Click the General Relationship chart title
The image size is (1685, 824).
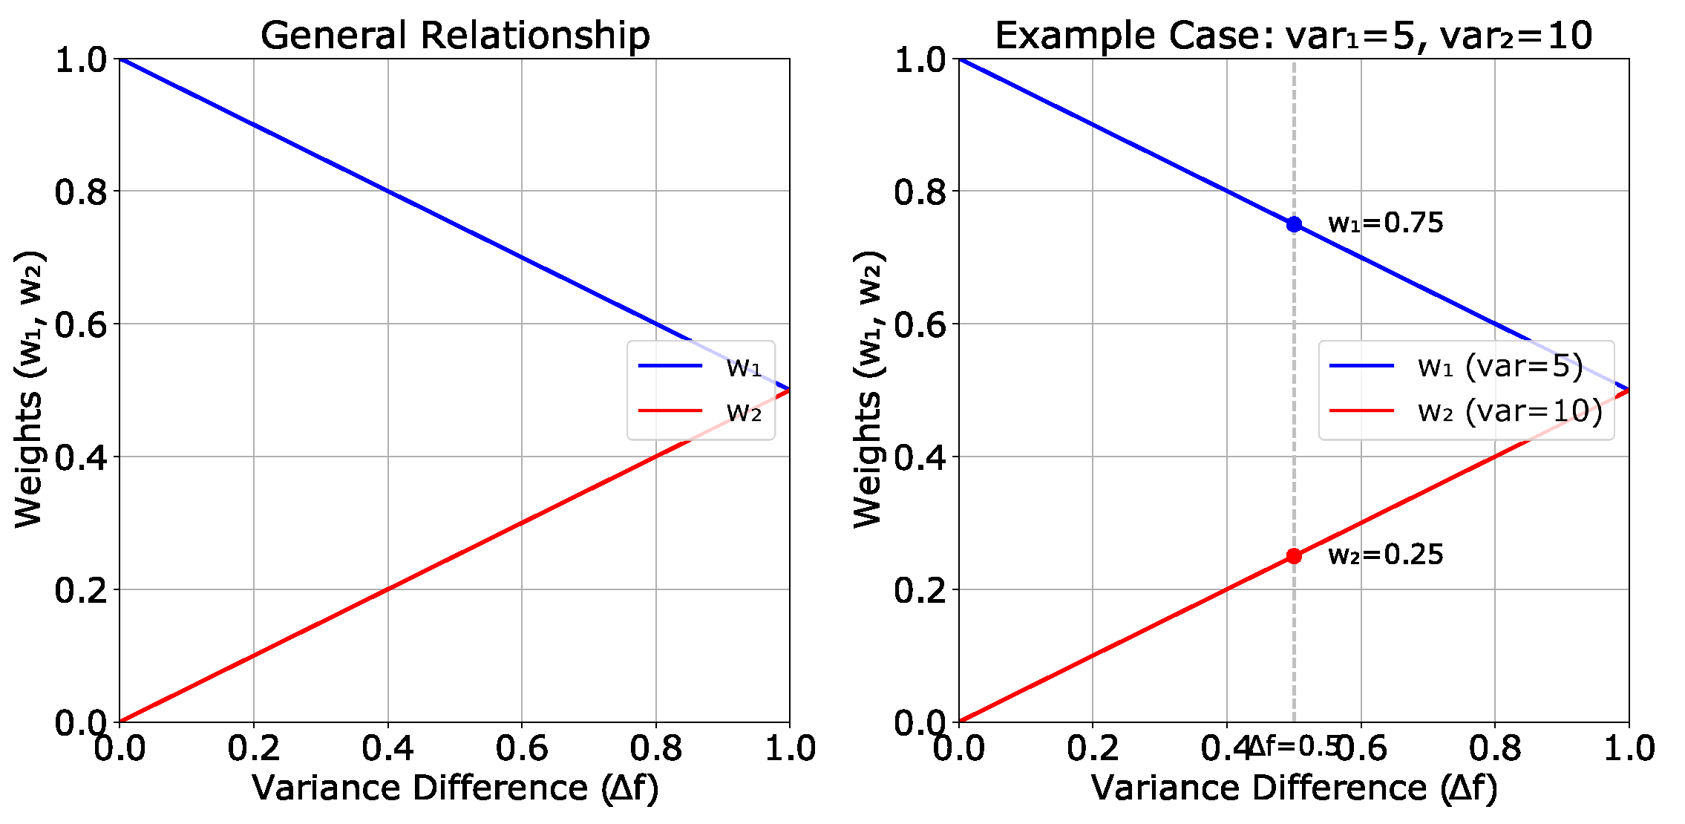[x=455, y=36]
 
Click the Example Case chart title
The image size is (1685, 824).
[x=1293, y=36]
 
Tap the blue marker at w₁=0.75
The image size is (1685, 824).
[x=1294, y=224]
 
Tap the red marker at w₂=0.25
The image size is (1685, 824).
[x=1294, y=556]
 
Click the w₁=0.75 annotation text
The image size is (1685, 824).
[x=1385, y=223]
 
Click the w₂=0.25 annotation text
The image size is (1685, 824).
[x=1385, y=555]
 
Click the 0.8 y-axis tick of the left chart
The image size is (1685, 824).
[x=81, y=192]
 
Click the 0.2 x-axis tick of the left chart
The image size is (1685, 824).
[x=254, y=748]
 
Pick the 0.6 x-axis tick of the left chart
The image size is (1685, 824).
[x=522, y=748]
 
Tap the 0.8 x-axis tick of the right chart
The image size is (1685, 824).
[x=1495, y=748]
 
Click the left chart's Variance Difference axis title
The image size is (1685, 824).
[x=455, y=788]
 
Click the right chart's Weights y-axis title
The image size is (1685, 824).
[x=867, y=390]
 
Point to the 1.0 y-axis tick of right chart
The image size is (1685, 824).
[x=920, y=60]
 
